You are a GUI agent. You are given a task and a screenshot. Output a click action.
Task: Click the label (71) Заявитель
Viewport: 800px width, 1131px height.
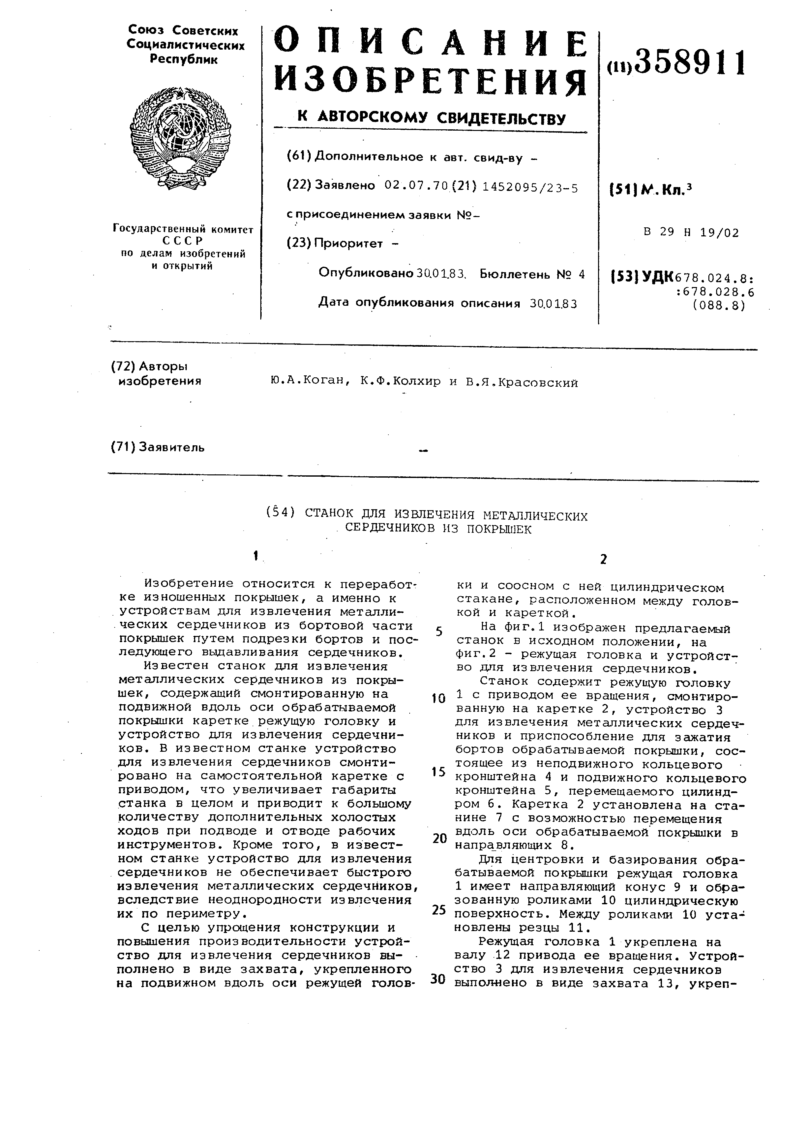(158, 447)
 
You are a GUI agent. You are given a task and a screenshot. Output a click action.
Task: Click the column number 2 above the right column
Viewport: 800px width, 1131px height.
(604, 559)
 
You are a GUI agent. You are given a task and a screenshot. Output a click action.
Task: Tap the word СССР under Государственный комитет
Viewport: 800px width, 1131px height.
(183, 241)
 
